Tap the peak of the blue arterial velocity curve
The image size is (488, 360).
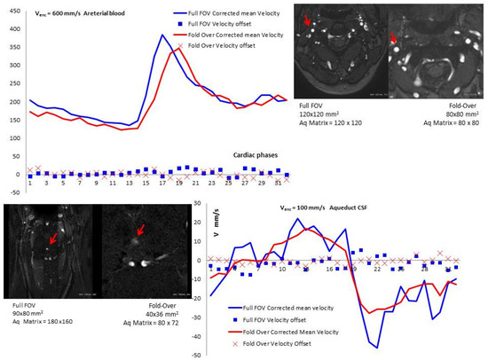tap(161, 35)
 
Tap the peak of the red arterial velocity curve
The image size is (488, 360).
tap(178, 48)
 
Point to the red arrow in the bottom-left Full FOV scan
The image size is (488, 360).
tap(54, 238)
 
